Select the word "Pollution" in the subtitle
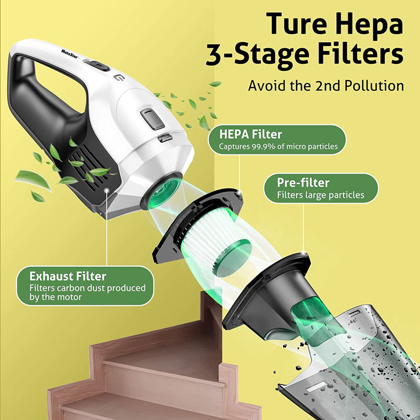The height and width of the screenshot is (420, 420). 374,86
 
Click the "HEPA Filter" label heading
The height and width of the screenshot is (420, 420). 250,134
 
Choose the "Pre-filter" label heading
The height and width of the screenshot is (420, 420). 303,183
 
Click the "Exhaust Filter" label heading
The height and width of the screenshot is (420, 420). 68,276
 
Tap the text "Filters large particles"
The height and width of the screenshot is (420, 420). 321,195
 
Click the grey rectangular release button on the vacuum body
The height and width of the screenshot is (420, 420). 152,119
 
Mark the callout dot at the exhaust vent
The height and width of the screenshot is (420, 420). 107,190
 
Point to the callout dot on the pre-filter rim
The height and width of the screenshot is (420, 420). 303,253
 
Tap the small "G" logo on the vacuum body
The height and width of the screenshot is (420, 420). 118,78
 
